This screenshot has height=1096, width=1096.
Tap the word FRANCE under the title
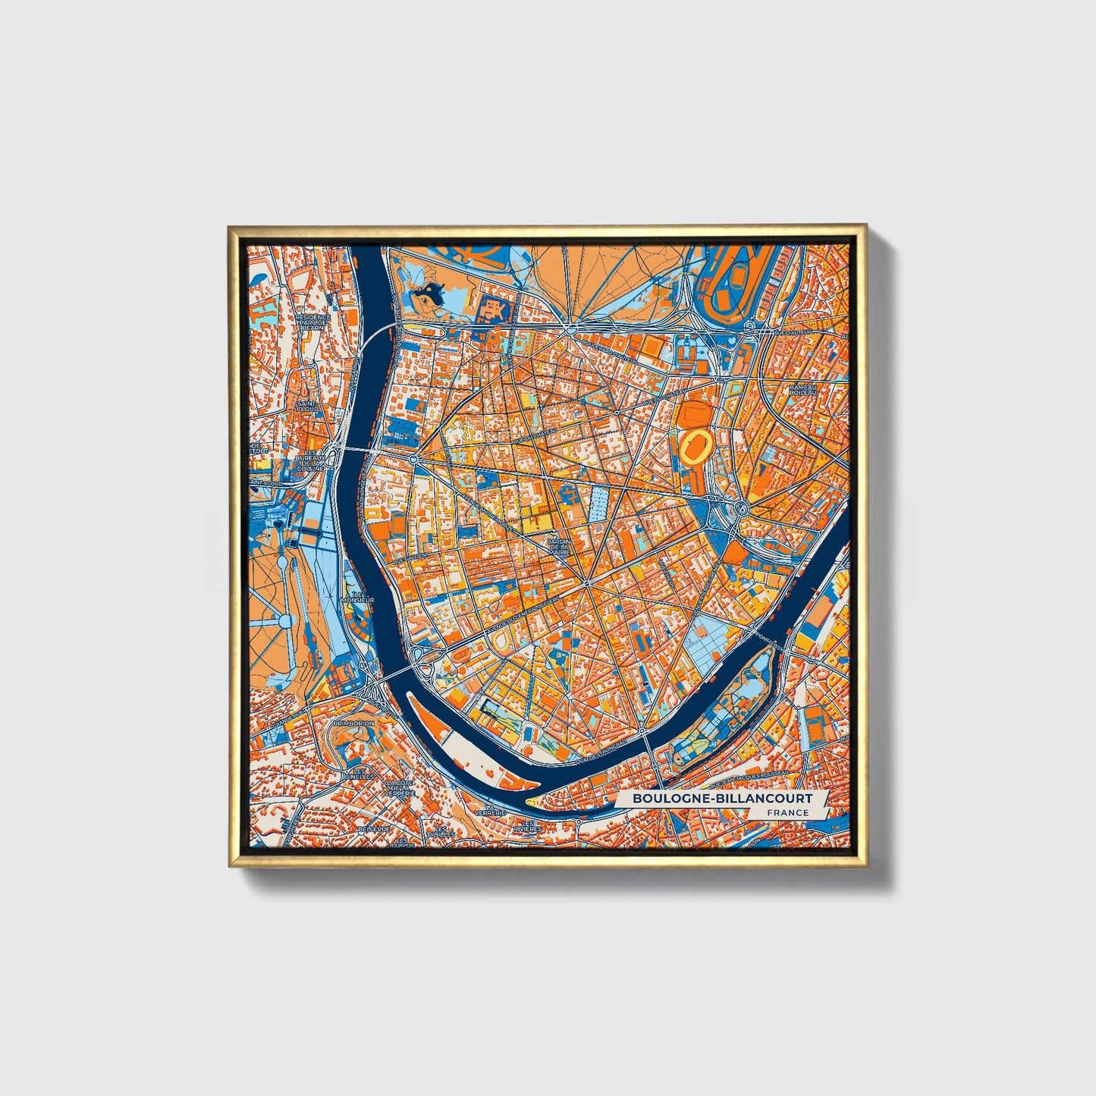pyautogui.click(x=787, y=813)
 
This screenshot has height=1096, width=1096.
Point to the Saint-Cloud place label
pyautogui.click(x=308, y=407)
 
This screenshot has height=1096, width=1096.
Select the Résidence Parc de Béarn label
pyautogui.click(x=313, y=322)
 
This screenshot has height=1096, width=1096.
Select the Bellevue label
pyautogui.click(x=373, y=830)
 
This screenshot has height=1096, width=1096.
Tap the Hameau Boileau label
pyautogui.click(x=802, y=390)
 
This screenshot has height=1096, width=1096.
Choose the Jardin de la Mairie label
pyautogui.click(x=559, y=546)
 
